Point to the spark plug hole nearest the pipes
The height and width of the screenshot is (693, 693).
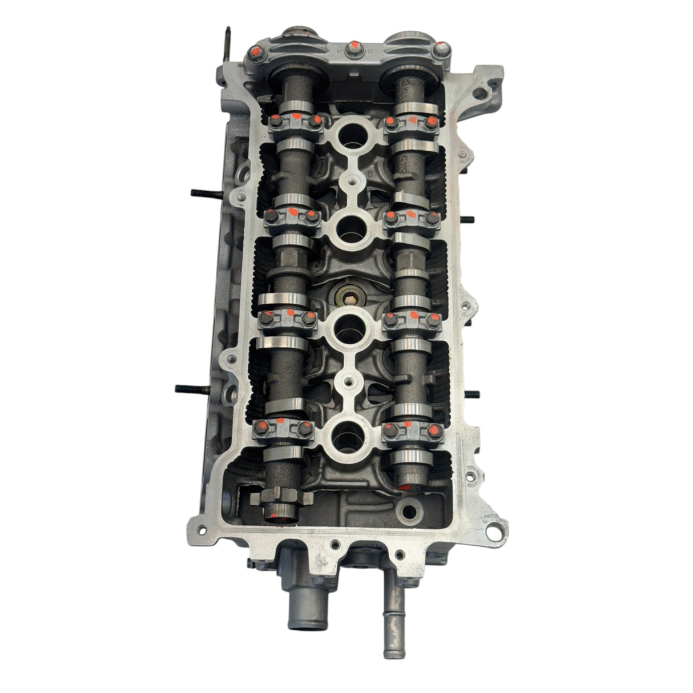click(348, 437)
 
